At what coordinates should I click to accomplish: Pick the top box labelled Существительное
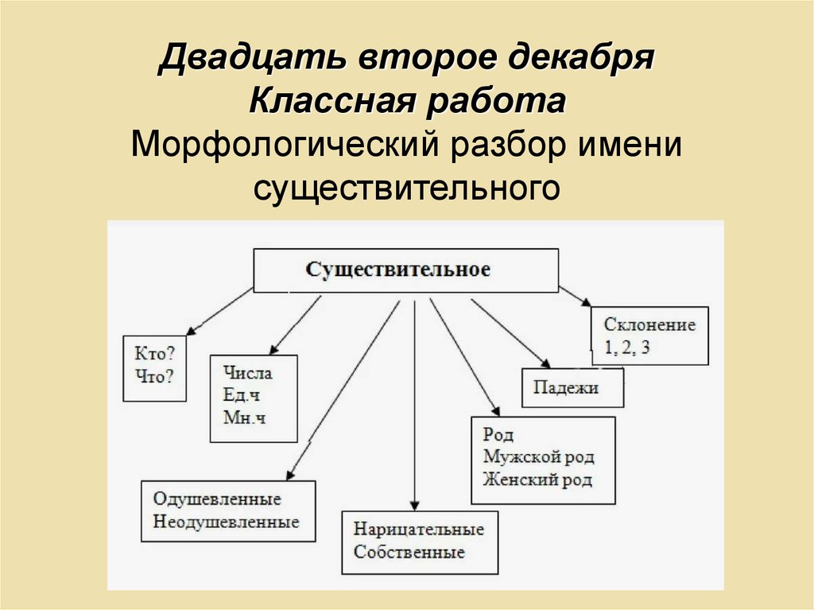pos(405,269)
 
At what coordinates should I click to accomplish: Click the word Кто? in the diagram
pos(155,352)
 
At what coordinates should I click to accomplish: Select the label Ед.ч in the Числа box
pos(242,395)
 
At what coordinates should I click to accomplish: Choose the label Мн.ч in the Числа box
pos(244,417)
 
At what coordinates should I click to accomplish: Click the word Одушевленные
pos(217,500)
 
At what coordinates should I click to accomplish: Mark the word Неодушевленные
pos(226,523)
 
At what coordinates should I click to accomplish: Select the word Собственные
pos(409,552)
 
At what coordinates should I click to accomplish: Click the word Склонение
pos(649,324)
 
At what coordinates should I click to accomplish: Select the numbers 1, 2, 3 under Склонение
pos(627,348)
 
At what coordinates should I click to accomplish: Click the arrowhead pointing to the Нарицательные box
pos(414,505)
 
